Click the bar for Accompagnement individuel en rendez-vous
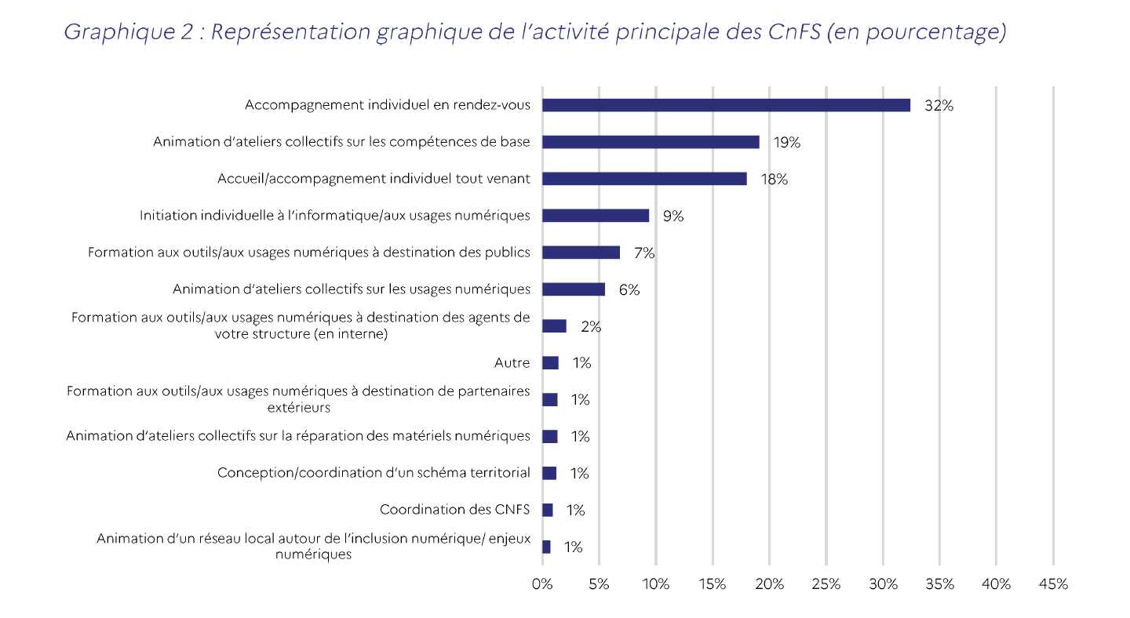pyautogui.click(x=726, y=105)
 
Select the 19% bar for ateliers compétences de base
pyautogui.click(x=651, y=142)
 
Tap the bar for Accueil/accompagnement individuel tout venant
pyautogui.click(x=644, y=179)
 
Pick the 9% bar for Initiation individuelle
pyautogui.click(x=596, y=216)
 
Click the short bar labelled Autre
pyautogui.click(x=550, y=363)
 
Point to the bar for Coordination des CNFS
pyautogui.click(x=547, y=510)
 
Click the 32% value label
pyautogui.click(x=939, y=106)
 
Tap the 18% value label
pyautogui.click(x=774, y=180)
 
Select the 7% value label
pyautogui.click(x=644, y=253)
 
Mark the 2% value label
pyautogui.click(x=591, y=326)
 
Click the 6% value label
pyautogui.click(x=629, y=289)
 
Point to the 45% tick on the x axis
pyautogui.click(x=1053, y=584)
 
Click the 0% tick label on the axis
pyautogui.click(x=542, y=584)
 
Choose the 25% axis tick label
pyautogui.click(x=826, y=584)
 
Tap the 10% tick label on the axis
pyautogui.click(x=655, y=584)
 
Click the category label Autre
pyautogui.click(x=512, y=363)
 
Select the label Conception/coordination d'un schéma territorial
pyautogui.click(x=374, y=473)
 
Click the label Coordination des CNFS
pyautogui.click(x=454, y=510)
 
